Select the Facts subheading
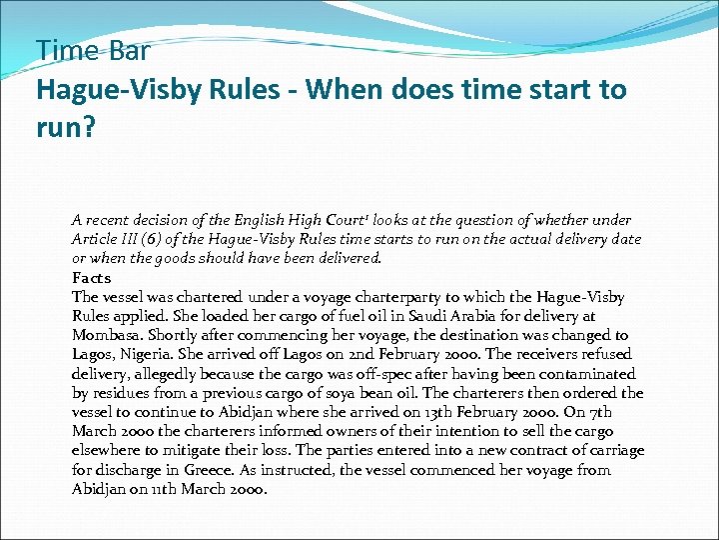click(x=92, y=278)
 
